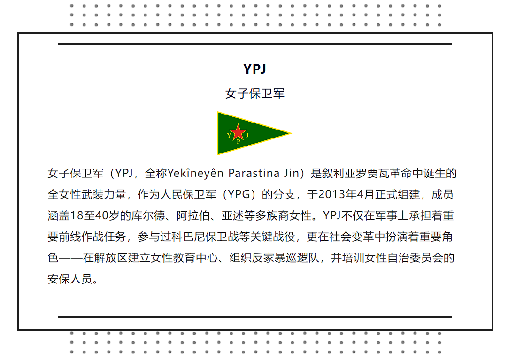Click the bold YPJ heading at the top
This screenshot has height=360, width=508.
point(254,69)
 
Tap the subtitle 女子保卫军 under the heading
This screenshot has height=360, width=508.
point(254,93)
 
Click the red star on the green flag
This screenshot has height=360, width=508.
point(238,132)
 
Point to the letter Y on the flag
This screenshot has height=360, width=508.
point(229,135)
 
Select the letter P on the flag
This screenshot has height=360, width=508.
point(239,141)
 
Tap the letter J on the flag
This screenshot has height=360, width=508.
point(247,135)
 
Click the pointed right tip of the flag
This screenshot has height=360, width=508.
point(292,133)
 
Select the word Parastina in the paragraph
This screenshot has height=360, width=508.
point(254,173)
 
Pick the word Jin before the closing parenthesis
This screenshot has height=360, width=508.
point(292,173)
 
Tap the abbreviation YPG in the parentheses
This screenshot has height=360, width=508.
point(239,194)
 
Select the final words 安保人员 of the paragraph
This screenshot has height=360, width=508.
point(70,279)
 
